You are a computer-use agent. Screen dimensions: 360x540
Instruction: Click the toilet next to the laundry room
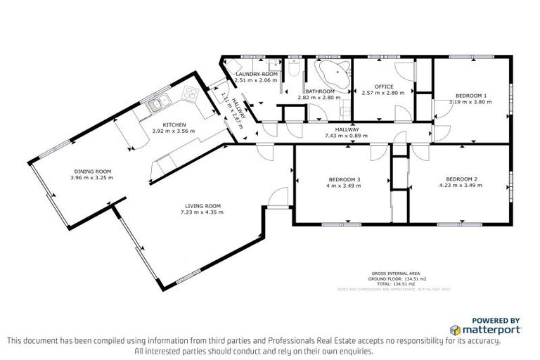(x=295, y=71)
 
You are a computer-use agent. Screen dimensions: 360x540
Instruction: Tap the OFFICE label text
(x=384, y=86)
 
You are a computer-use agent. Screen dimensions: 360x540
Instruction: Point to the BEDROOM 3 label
(x=343, y=179)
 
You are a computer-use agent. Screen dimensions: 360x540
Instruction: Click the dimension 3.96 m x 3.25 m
(x=91, y=177)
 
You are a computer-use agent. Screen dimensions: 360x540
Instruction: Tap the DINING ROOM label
(x=91, y=171)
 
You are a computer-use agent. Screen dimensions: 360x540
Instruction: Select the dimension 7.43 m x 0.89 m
(x=346, y=136)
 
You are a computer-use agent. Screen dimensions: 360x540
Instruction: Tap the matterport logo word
(x=491, y=329)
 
